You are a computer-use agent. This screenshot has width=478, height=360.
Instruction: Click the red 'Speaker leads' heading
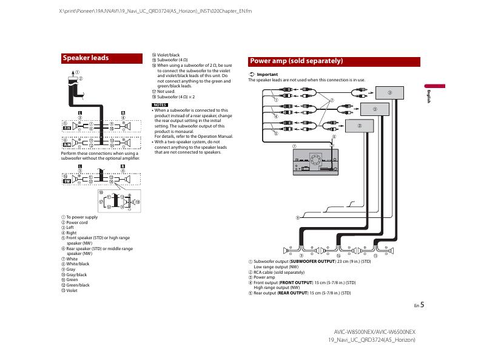point(86,58)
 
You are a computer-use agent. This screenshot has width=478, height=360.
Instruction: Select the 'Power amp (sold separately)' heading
point(297,61)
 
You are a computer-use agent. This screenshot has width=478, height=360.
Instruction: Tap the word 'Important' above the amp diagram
point(267,74)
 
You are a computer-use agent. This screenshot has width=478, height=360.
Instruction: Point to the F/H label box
point(67,127)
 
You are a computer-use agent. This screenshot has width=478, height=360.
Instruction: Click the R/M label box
point(67,144)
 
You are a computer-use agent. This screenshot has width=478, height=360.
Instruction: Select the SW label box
point(67,180)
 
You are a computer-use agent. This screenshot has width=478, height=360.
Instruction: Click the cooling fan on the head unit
point(315,161)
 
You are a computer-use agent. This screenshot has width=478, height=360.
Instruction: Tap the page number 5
point(422,305)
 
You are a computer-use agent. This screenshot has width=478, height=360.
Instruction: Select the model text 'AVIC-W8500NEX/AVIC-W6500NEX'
point(375,332)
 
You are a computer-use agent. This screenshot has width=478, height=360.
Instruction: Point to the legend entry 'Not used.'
point(166,91)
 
